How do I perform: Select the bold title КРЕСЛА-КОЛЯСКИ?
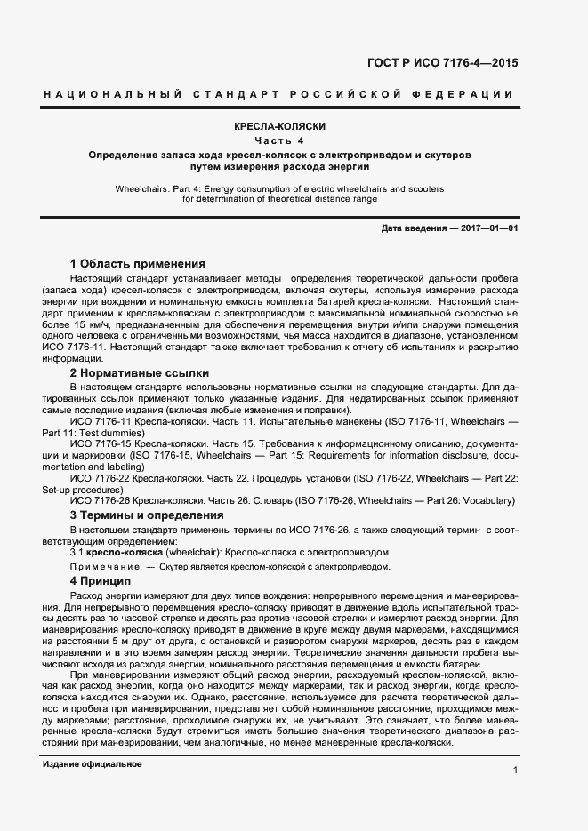[279, 127]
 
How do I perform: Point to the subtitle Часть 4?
[279, 140]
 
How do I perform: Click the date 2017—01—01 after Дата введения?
[489, 228]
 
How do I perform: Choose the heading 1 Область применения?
[137, 264]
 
